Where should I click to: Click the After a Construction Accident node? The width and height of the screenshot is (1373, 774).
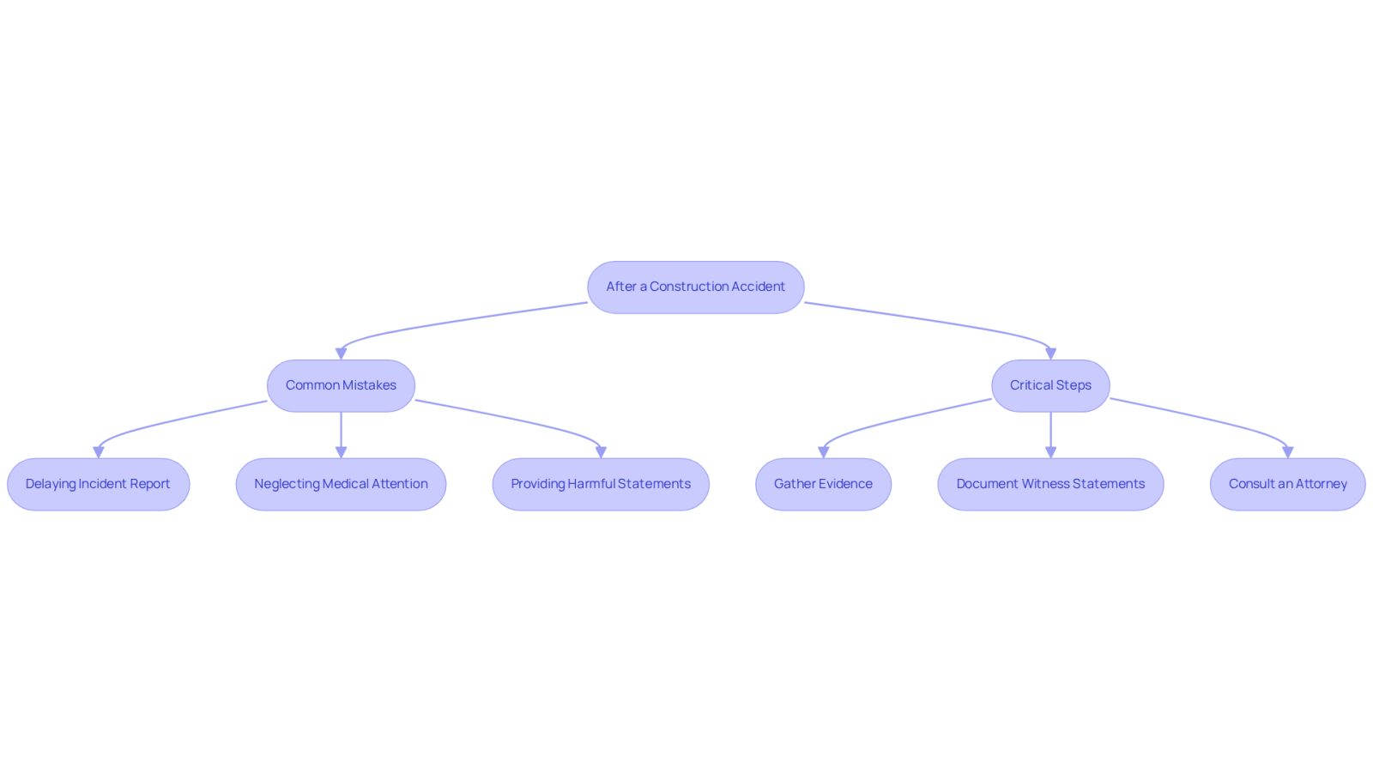pyautogui.click(x=696, y=287)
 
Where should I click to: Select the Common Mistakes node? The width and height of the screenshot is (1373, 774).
pyautogui.click(x=341, y=385)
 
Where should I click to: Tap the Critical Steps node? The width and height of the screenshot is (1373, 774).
pyautogui.click(x=1050, y=385)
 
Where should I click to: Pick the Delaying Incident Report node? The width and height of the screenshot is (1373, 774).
pyautogui.click(x=98, y=484)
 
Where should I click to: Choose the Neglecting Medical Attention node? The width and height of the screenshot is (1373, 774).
pyautogui.click(x=341, y=484)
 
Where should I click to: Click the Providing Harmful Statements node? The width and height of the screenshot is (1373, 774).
pyautogui.click(x=601, y=484)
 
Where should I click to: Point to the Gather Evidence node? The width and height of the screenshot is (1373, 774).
pyautogui.click(x=823, y=484)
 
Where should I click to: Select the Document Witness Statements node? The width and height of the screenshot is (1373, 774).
pyautogui.click(x=1050, y=484)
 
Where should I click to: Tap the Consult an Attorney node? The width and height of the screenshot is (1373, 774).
pyautogui.click(x=1288, y=484)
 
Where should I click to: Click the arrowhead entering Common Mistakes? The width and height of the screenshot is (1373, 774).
pyautogui.click(x=342, y=354)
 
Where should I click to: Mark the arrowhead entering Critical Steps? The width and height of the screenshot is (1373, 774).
pyautogui.click(x=1050, y=354)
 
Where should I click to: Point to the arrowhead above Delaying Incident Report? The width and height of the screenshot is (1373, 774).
pyautogui.click(x=98, y=452)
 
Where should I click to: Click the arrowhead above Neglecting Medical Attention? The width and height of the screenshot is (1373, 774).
pyautogui.click(x=341, y=452)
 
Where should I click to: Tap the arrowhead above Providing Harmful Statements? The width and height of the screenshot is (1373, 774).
pyautogui.click(x=601, y=452)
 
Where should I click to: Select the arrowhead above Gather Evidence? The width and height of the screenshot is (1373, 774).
pyautogui.click(x=823, y=452)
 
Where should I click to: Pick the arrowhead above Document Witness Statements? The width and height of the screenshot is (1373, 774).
pyautogui.click(x=1050, y=452)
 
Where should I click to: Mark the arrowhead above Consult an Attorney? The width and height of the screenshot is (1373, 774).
pyautogui.click(x=1288, y=452)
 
